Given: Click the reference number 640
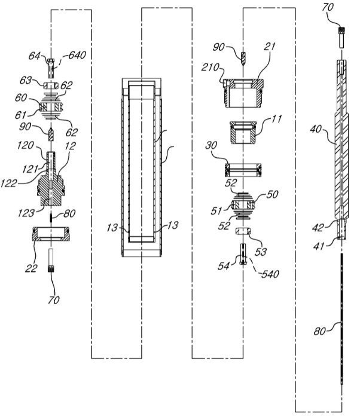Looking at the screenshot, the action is [77, 55].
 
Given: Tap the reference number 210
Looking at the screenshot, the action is [210, 68].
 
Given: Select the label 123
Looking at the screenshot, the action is [26, 213].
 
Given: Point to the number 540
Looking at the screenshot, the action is [270, 274].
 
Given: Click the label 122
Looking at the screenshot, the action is [9, 183].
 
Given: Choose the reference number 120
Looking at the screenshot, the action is [25, 145].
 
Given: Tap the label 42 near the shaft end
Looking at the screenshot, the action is [318, 227].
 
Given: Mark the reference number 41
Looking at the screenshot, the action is [319, 246].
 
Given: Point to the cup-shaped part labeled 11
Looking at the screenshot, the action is [243, 132].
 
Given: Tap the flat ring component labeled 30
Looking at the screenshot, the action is [243, 170].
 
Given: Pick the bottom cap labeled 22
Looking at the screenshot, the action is [51, 234].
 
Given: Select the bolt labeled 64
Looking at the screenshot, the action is [51, 68].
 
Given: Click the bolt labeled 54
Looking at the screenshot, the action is [243, 254].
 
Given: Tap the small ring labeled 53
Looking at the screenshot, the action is [243, 231].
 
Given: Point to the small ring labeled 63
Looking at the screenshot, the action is [51, 85].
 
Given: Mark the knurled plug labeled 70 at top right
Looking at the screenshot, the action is [341, 38].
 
